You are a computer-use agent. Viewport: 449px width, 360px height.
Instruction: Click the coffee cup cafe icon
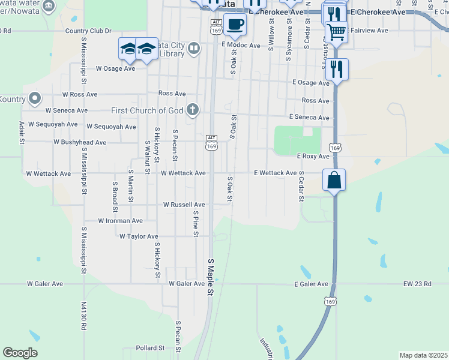[235, 24]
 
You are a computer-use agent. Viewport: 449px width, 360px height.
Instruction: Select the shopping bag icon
[334, 179]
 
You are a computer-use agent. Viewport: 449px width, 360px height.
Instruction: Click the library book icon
[193, 48]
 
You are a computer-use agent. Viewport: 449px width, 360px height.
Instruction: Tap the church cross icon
[192, 109]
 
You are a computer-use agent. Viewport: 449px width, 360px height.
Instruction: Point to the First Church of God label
[147, 110]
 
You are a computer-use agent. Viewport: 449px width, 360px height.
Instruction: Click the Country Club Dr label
[88, 31]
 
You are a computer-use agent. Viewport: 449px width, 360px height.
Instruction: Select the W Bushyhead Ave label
[80, 143]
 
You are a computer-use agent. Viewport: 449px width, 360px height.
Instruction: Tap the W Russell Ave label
[184, 205]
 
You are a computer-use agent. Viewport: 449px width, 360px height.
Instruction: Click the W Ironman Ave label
[121, 221]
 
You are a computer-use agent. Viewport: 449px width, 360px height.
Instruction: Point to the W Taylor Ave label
[139, 236]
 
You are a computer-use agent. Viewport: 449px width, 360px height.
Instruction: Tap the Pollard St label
[150, 348]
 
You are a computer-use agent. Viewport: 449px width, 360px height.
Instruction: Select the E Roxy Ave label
[313, 156]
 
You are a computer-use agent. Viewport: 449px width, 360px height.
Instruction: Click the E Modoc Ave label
[241, 45]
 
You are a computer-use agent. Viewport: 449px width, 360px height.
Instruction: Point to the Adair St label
[22, 132]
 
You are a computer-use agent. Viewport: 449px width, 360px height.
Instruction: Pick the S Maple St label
[211, 277]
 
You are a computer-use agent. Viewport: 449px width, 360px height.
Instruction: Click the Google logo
[20, 353]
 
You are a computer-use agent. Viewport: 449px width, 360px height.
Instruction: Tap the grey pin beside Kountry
[35, 98]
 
